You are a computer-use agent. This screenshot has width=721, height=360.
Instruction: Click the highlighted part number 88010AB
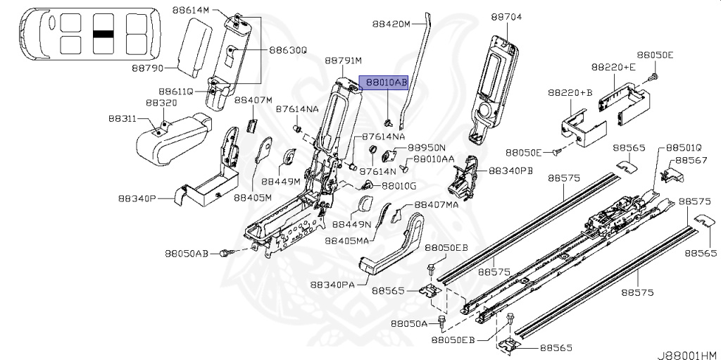click(x=384, y=82)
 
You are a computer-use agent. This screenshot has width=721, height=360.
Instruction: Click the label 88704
click(x=506, y=16)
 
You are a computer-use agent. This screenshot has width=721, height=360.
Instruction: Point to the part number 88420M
click(x=391, y=23)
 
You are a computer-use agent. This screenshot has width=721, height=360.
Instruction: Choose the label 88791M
click(x=343, y=61)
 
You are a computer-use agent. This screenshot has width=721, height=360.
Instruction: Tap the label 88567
click(x=691, y=161)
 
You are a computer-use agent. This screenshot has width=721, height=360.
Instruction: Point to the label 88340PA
click(x=333, y=285)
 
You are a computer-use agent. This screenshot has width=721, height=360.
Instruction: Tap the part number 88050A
click(x=409, y=323)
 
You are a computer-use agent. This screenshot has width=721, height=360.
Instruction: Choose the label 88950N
click(x=427, y=147)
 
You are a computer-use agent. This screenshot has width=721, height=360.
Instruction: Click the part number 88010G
click(x=399, y=186)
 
